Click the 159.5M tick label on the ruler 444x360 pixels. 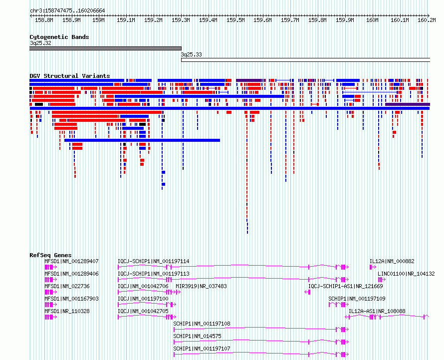point(235,20)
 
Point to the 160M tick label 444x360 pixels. point(372,20)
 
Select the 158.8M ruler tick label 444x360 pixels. point(44,20)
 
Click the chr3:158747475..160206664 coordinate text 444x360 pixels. point(67,10)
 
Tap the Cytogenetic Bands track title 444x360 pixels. point(59,37)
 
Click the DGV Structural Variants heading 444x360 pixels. point(70,76)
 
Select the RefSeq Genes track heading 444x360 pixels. point(50,255)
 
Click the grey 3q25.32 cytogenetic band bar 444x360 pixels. point(105,48)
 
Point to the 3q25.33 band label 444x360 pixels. point(192,54)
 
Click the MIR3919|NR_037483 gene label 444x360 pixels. point(202,286)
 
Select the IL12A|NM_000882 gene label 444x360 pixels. point(392,261)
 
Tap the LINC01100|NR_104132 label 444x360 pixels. point(406,274)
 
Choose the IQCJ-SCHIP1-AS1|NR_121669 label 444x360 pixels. point(345,286)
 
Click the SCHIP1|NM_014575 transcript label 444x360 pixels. point(198,336)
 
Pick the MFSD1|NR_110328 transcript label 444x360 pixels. point(67,311)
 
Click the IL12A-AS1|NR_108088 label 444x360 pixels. point(377,311)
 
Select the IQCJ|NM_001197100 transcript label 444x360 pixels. point(143,299)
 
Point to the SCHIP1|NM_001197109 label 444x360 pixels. point(357,299)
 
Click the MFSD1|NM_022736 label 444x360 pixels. point(67,286)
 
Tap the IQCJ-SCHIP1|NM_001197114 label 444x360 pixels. point(154,261)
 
